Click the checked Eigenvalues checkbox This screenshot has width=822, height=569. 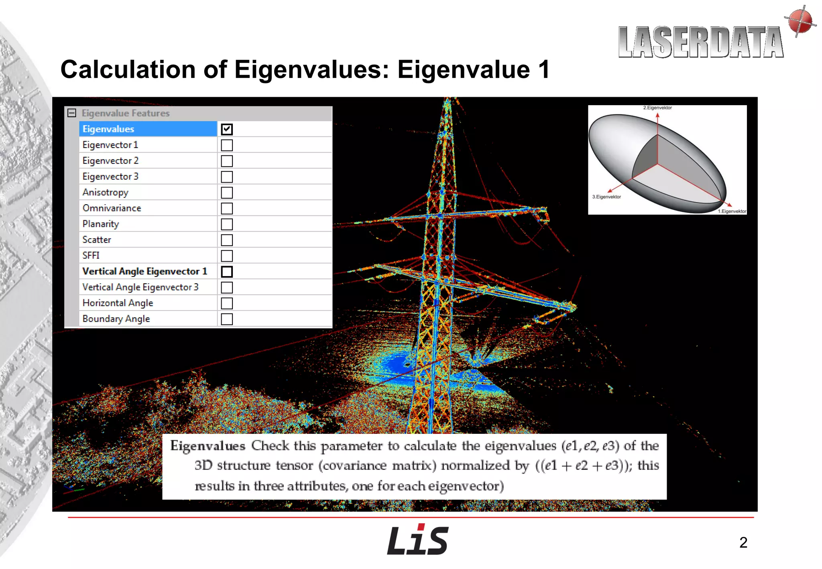tap(227, 129)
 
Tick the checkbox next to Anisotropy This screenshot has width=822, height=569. tap(227, 193)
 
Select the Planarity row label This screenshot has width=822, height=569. tap(101, 224)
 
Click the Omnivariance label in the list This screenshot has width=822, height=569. tap(112, 208)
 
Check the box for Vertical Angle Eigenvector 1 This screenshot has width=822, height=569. tap(227, 272)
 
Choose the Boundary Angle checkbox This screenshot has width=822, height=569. tap(227, 319)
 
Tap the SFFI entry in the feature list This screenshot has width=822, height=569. tap(91, 256)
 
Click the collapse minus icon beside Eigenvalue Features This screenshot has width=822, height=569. tap(72, 113)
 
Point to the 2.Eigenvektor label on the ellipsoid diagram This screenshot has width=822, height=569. tap(657, 108)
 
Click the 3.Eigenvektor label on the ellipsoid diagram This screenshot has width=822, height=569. tap(606, 197)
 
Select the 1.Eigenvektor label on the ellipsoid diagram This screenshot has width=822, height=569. tap(732, 211)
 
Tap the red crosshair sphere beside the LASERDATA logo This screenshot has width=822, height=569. tap(800, 21)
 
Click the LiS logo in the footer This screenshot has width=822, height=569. tap(417, 540)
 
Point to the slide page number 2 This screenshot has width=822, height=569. tap(743, 543)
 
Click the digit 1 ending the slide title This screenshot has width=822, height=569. tap(544, 70)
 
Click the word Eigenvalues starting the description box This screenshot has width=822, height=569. tap(208, 446)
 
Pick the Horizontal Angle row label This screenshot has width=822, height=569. tap(118, 303)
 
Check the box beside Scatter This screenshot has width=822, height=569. tap(227, 240)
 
